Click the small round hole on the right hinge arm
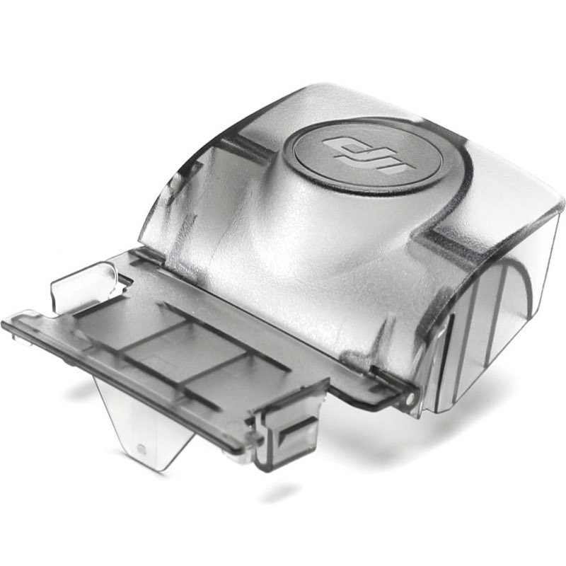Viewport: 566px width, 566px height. pos(409,398)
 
